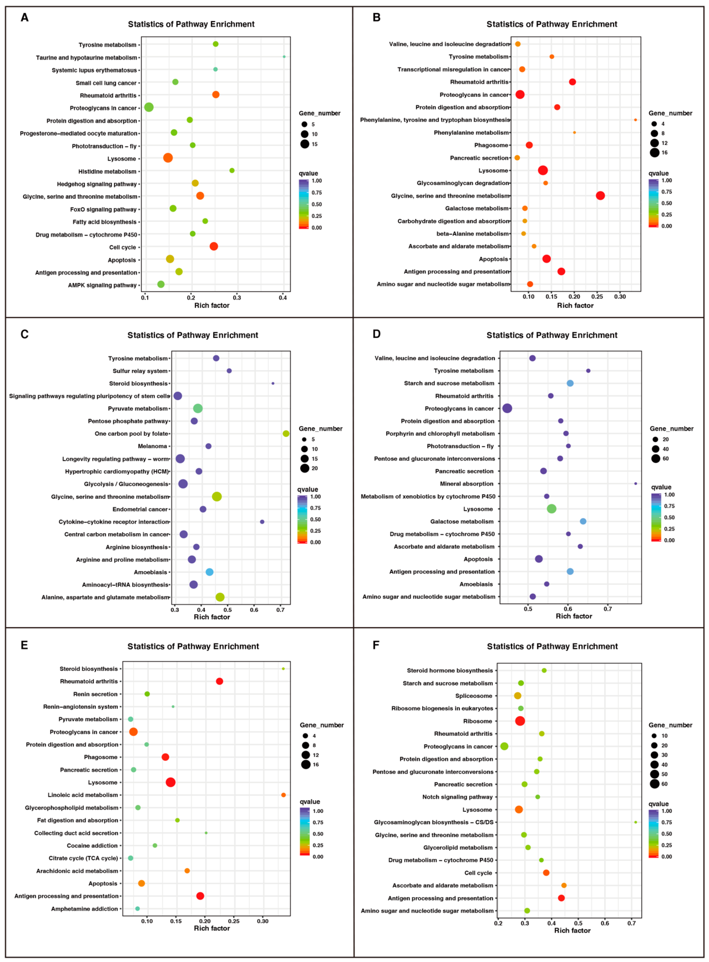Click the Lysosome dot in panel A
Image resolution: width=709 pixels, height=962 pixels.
(168, 158)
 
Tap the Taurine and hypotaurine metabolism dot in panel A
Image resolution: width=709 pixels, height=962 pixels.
(284, 57)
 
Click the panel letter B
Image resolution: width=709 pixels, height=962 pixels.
(376, 18)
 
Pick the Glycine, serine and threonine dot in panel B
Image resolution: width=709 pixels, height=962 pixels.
(600, 196)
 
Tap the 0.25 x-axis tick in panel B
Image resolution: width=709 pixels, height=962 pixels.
(597, 296)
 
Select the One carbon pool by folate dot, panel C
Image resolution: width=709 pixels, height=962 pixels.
(286, 434)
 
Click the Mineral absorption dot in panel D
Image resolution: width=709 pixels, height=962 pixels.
(636, 484)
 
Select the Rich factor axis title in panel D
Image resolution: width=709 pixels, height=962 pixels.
(574, 616)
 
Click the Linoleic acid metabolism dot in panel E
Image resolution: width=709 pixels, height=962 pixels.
(283, 795)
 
